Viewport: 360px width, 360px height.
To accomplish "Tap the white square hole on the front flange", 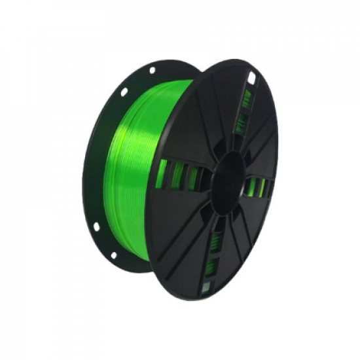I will (x=251, y=79).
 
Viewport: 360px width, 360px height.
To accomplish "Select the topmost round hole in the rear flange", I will (x=152, y=69).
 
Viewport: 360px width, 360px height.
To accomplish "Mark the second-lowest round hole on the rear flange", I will (x=96, y=226).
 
